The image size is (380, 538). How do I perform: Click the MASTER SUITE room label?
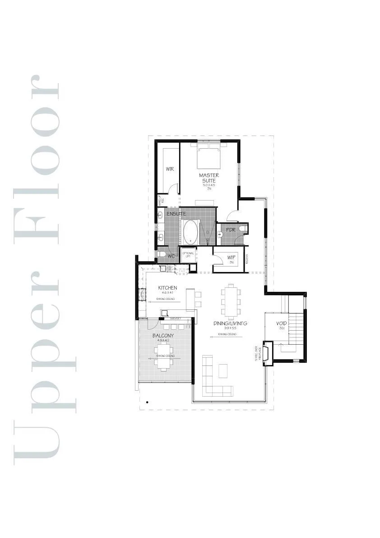point(209,178)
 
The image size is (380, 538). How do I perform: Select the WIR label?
point(170,169)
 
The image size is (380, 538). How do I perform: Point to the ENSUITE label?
point(176,213)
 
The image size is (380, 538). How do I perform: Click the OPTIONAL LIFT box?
point(188,255)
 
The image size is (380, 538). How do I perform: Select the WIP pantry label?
point(231,257)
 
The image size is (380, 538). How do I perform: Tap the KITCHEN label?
point(167,288)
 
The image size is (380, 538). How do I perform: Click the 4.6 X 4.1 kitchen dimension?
point(167,293)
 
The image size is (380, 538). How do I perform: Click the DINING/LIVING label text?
point(230,323)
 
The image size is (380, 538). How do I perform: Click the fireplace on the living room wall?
point(267,353)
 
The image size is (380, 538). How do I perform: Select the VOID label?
point(282,323)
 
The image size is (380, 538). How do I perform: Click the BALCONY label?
point(163,336)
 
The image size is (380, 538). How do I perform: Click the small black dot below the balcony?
point(147,401)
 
